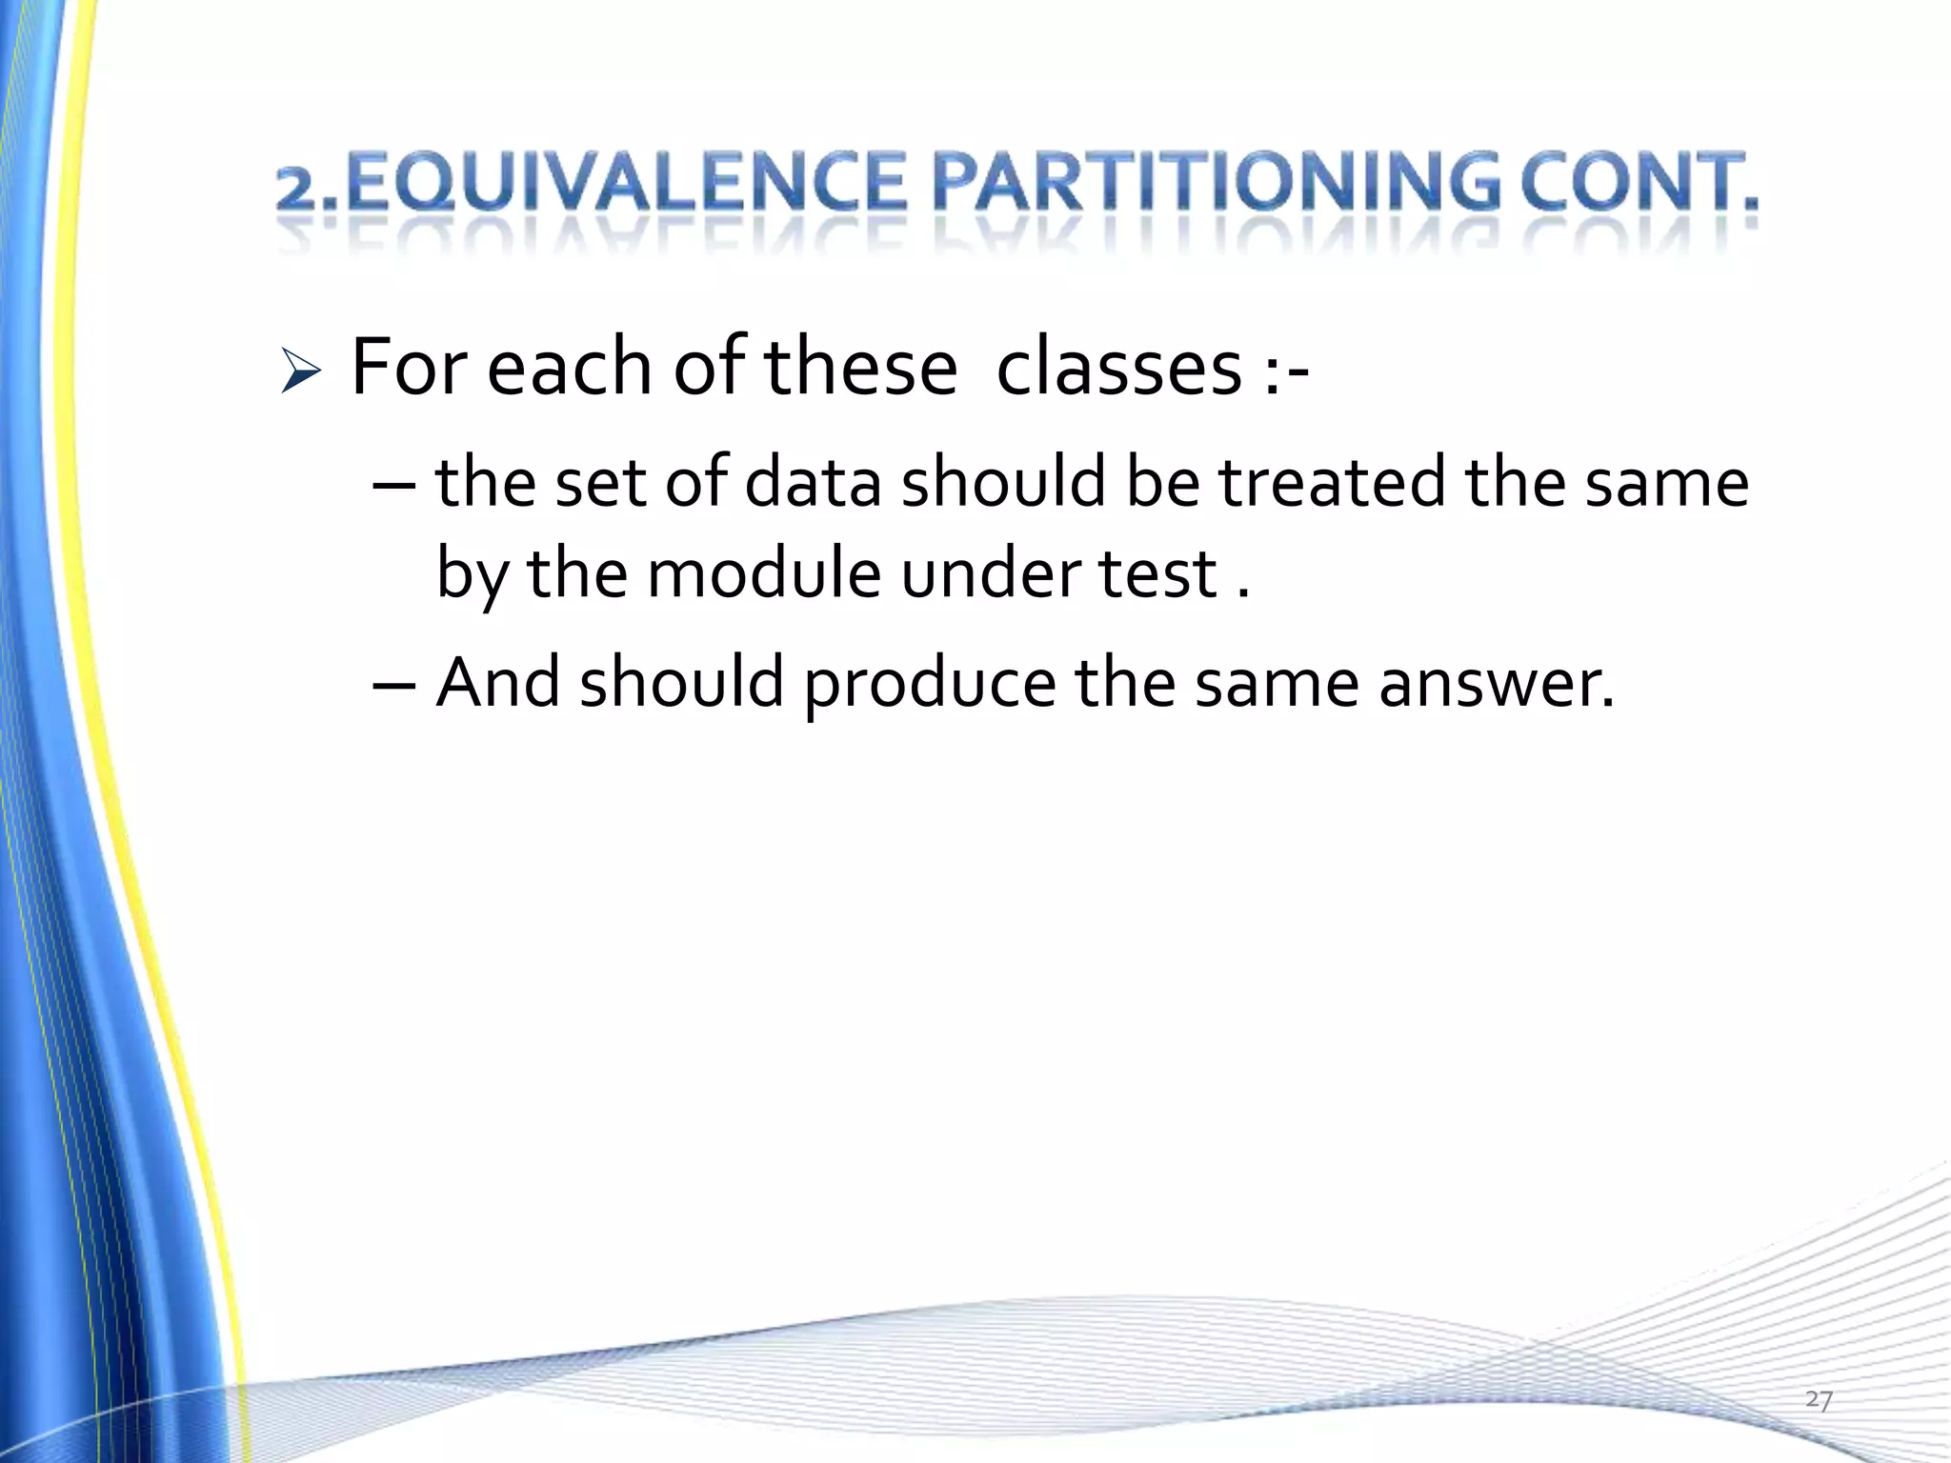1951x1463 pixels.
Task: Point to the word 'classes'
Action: (1118, 368)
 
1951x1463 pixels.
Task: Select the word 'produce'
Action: (929, 684)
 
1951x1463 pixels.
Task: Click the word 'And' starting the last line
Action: (497, 682)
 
